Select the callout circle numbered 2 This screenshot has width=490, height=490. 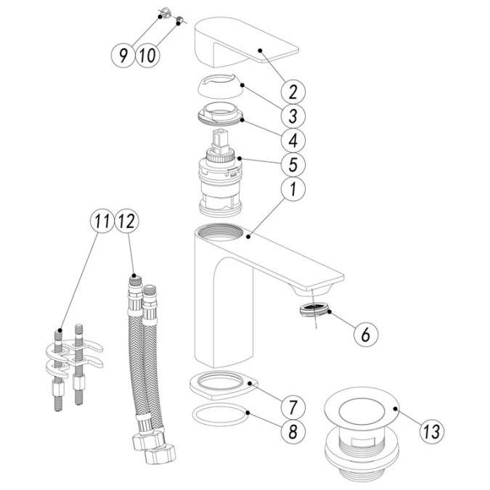(293, 92)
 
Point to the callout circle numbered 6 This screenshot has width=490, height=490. (367, 334)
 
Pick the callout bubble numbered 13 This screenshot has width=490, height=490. (431, 431)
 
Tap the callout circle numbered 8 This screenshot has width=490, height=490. (293, 431)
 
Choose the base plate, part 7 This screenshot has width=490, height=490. (221, 384)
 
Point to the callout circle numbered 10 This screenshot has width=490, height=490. (147, 55)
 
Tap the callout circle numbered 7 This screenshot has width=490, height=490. (293, 405)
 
